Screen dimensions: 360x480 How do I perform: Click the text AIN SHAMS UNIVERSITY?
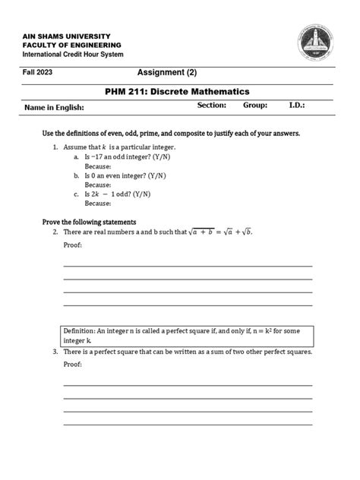pyautogui.click(x=66, y=36)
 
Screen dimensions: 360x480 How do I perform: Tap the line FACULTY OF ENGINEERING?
pyautogui.click(x=70, y=46)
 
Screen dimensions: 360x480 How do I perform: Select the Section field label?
pyautogui.click(x=212, y=106)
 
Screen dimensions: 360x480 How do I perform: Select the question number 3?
pyautogui.click(x=55, y=352)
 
